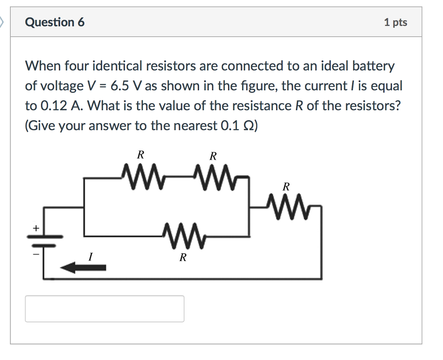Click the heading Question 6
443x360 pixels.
tap(55, 22)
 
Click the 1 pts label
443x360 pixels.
tap(395, 22)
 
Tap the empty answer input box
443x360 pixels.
tap(104, 309)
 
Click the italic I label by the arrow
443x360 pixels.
tap(90, 257)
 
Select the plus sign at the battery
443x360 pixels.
tap(36, 227)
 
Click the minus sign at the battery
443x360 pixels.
tap(36, 255)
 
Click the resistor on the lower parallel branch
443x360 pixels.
tap(182, 236)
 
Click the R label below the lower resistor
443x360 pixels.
tap(183, 258)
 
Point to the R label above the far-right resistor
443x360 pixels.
tap(286, 187)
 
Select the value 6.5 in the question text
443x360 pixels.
tap(118, 86)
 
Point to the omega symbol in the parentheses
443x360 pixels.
tap(248, 125)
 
